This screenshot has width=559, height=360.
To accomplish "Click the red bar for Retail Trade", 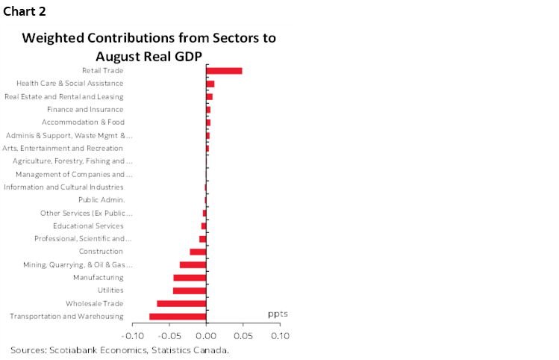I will (x=224, y=71).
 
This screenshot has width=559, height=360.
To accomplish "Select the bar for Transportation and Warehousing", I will (x=178, y=317).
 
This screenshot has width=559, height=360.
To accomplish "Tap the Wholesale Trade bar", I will (x=181, y=303).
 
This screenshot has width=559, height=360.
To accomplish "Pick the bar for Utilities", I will (x=190, y=291).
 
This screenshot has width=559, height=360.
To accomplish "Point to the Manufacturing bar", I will (x=190, y=278).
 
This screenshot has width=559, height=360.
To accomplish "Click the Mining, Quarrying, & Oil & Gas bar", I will (x=193, y=264).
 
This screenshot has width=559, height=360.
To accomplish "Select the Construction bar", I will (x=198, y=252).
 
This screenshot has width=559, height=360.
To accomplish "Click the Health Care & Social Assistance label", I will (x=69, y=83).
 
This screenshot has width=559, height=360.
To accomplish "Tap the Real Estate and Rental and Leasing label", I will (x=63, y=96).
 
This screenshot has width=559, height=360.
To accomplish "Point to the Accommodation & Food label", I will (x=82, y=122).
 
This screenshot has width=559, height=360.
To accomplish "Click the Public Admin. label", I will (x=101, y=199).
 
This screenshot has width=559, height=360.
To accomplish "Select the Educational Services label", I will (x=88, y=226).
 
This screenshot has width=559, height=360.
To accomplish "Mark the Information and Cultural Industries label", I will (x=63, y=187).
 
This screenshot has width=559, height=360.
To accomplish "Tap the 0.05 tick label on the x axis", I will (x=243, y=336).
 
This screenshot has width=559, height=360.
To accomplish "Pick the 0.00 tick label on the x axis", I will (x=206, y=336).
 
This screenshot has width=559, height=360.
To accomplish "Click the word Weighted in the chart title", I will (x=55, y=38).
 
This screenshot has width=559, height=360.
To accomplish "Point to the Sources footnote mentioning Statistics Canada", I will (x=119, y=350).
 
